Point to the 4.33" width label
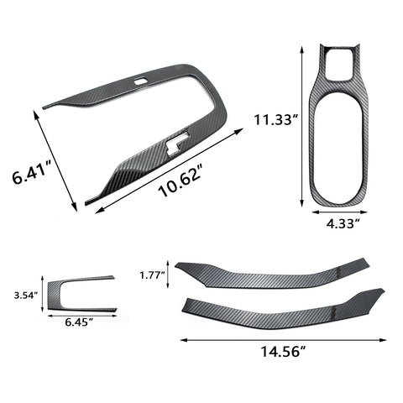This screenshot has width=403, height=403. [343, 223]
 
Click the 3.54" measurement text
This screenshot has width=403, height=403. [25, 296]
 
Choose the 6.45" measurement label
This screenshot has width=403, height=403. [79, 322]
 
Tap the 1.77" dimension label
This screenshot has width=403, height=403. [152, 275]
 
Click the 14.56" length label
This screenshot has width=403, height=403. [283, 352]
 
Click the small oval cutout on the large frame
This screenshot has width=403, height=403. [141, 81]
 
